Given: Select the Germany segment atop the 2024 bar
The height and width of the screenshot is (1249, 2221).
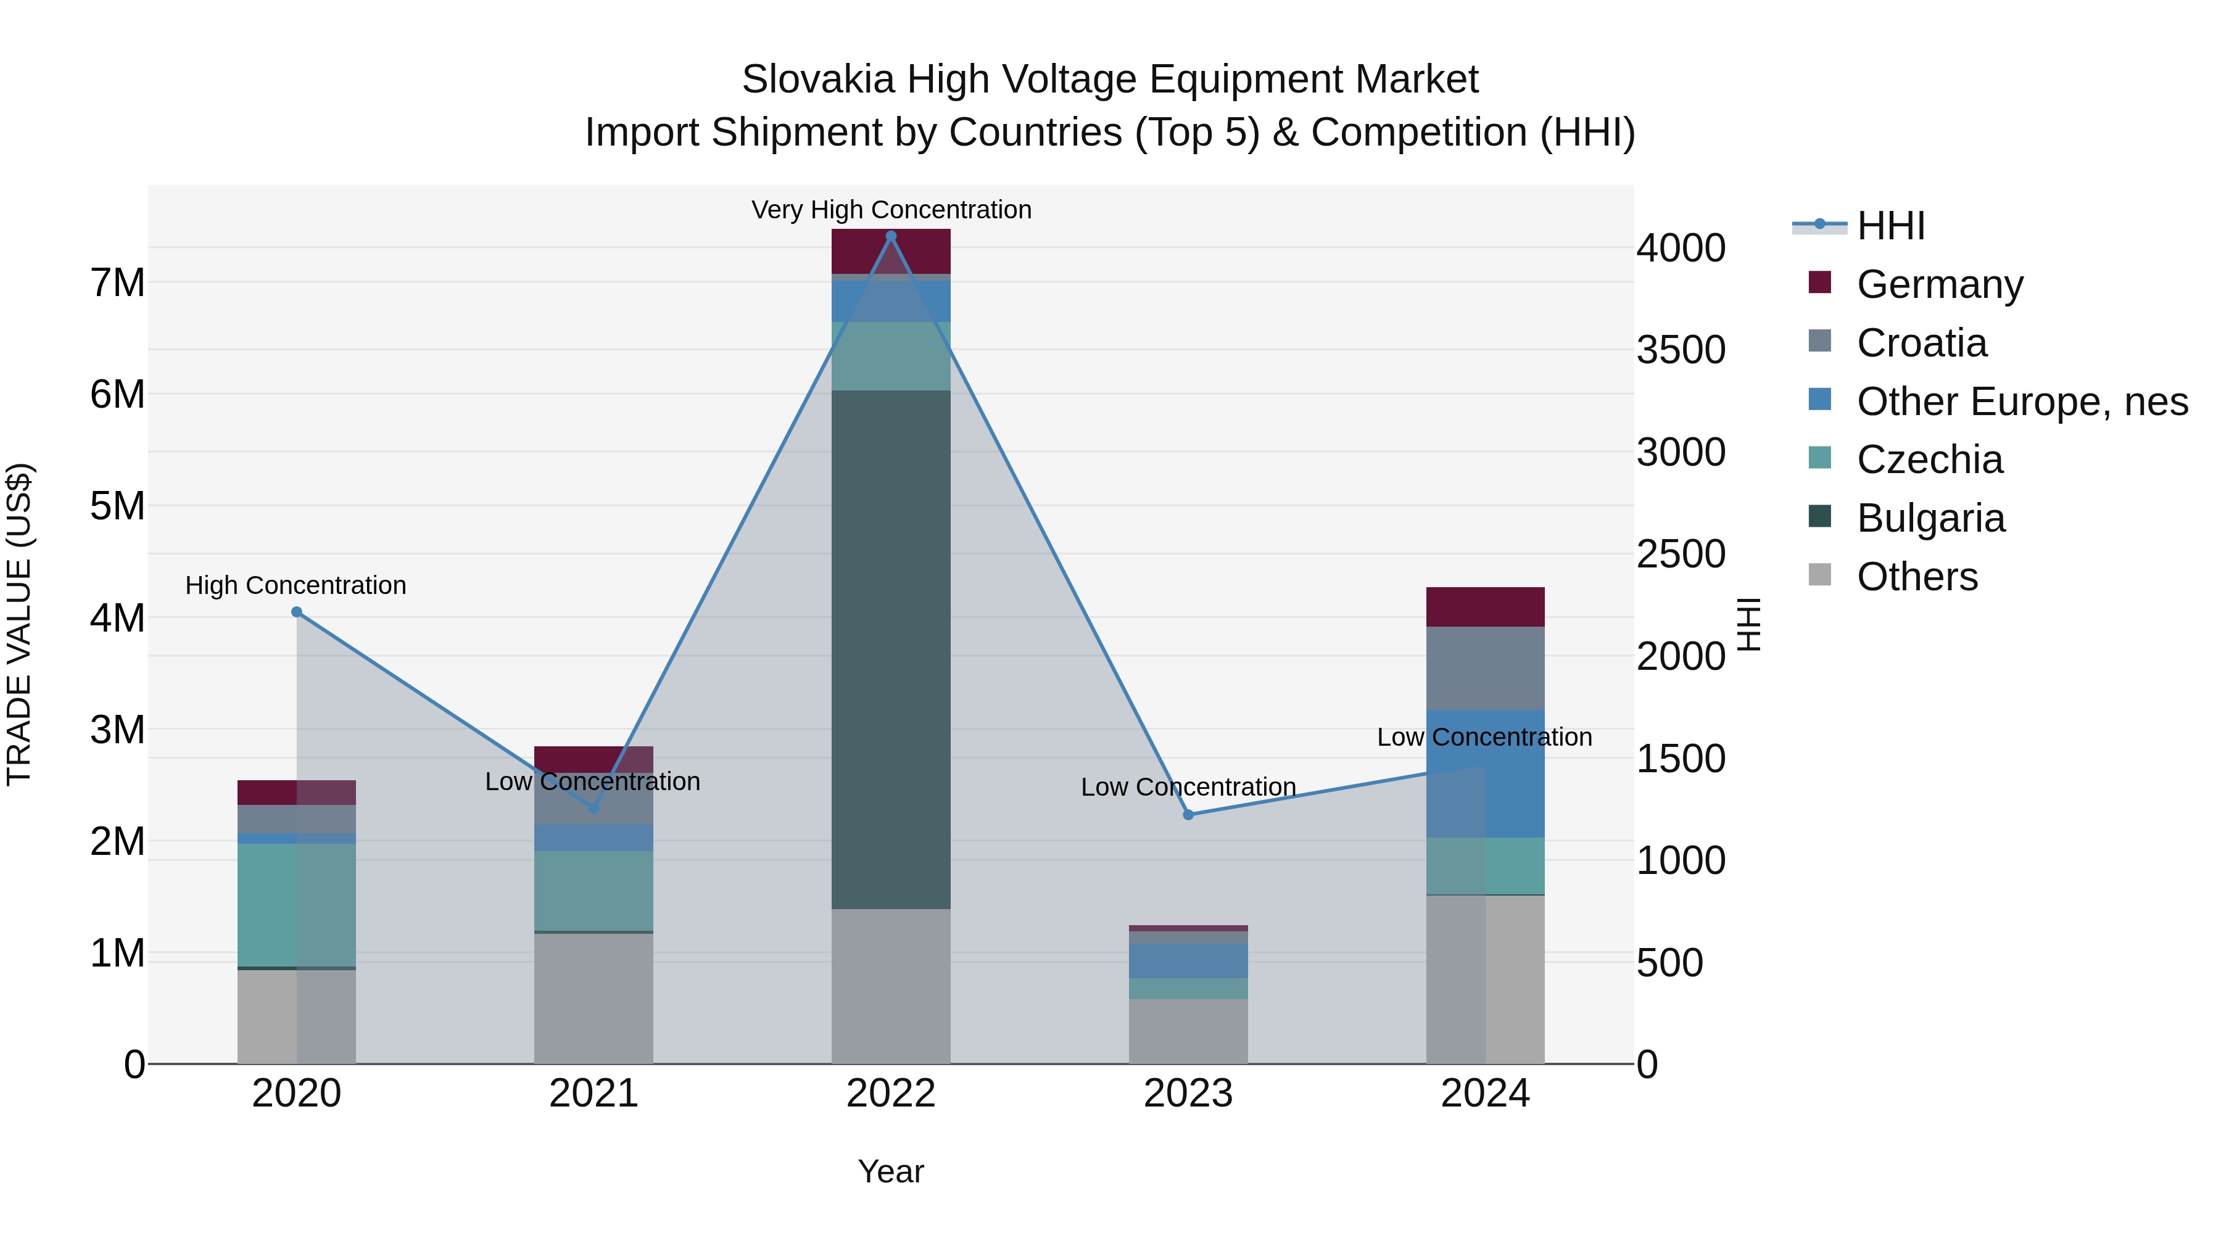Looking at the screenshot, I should pyautogui.click(x=1485, y=607).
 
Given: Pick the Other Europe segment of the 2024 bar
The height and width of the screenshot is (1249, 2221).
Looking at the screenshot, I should pyautogui.click(x=1485, y=773).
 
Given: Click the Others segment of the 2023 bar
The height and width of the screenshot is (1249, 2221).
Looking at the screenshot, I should pyautogui.click(x=1188, y=1031).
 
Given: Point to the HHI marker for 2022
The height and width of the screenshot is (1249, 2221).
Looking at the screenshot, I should pyautogui.click(x=891, y=236).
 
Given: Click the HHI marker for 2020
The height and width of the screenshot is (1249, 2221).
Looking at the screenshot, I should pyautogui.click(x=297, y=612).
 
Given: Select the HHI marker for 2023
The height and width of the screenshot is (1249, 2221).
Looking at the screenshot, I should pyautogui.click(x=1188, y=815).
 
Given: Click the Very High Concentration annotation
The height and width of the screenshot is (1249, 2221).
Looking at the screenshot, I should pyautogui.click(x=891, y=210).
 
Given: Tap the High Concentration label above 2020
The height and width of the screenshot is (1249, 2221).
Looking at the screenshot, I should pyautogui.click(x=296, y=585).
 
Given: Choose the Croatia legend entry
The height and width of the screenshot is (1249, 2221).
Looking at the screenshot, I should pyautogui.click(x=1921, y=343).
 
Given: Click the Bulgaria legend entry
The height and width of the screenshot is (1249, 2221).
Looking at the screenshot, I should pyautogui.click(x=1930, y=518).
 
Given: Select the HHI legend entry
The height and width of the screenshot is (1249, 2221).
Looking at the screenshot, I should pyautogui.click(x=1890, y=226).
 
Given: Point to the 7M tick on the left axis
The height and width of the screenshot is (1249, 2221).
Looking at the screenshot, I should pyautogui.click(x=118, y=282).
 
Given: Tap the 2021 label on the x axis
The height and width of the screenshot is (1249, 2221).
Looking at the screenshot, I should pyautogui.click(x=593, y=1094).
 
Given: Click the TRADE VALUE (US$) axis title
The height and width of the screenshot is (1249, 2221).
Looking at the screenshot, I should pyautogui.click(x=19, y=624).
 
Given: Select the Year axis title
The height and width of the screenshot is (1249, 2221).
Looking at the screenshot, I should pyautogui.click(x=891, y=1171).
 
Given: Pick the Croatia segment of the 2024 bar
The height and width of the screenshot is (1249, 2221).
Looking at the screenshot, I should pyautogui.click(x=1485, y=668).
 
